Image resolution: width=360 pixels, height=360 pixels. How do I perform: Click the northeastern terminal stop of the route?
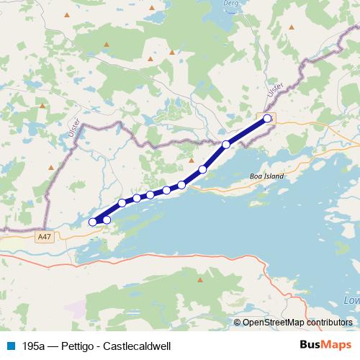click(x=268, y=118)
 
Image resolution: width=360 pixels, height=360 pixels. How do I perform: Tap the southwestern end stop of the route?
click(x=93, y=222)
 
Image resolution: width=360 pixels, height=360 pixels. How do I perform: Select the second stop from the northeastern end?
click(x=226, y=144)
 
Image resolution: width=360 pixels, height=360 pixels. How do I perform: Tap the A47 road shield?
click(x=45, y=235)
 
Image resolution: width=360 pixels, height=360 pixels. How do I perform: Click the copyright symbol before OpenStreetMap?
click(x=237, y=323)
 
